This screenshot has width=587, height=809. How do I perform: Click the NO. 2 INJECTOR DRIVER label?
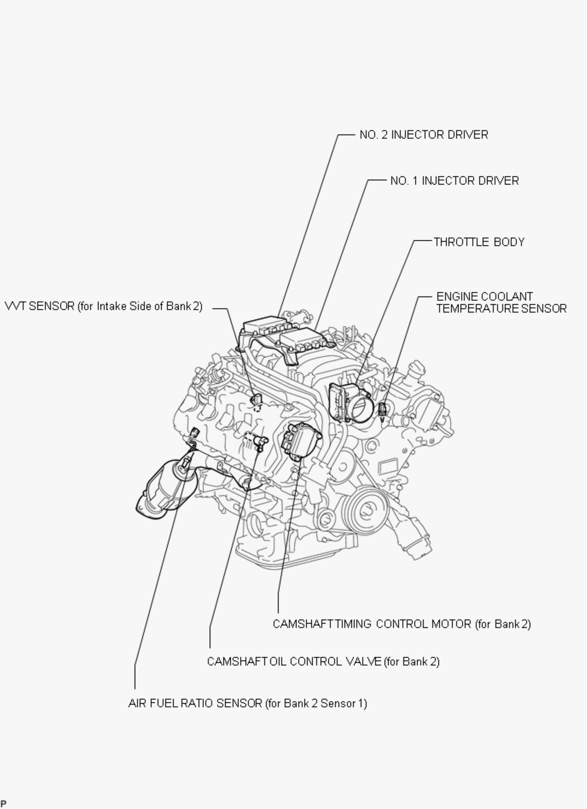(x=424, y=135)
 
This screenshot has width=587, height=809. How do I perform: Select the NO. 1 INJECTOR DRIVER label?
(x=454, y=181)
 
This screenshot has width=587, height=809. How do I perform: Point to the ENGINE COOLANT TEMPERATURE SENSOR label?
(x=501, y=303)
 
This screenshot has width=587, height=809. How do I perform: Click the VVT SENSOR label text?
(x=104, y=306)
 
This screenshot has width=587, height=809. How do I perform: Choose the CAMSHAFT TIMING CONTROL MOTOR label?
(x=402, y=624)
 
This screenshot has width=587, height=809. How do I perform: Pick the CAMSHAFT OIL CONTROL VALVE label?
(x=323, y=661)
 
